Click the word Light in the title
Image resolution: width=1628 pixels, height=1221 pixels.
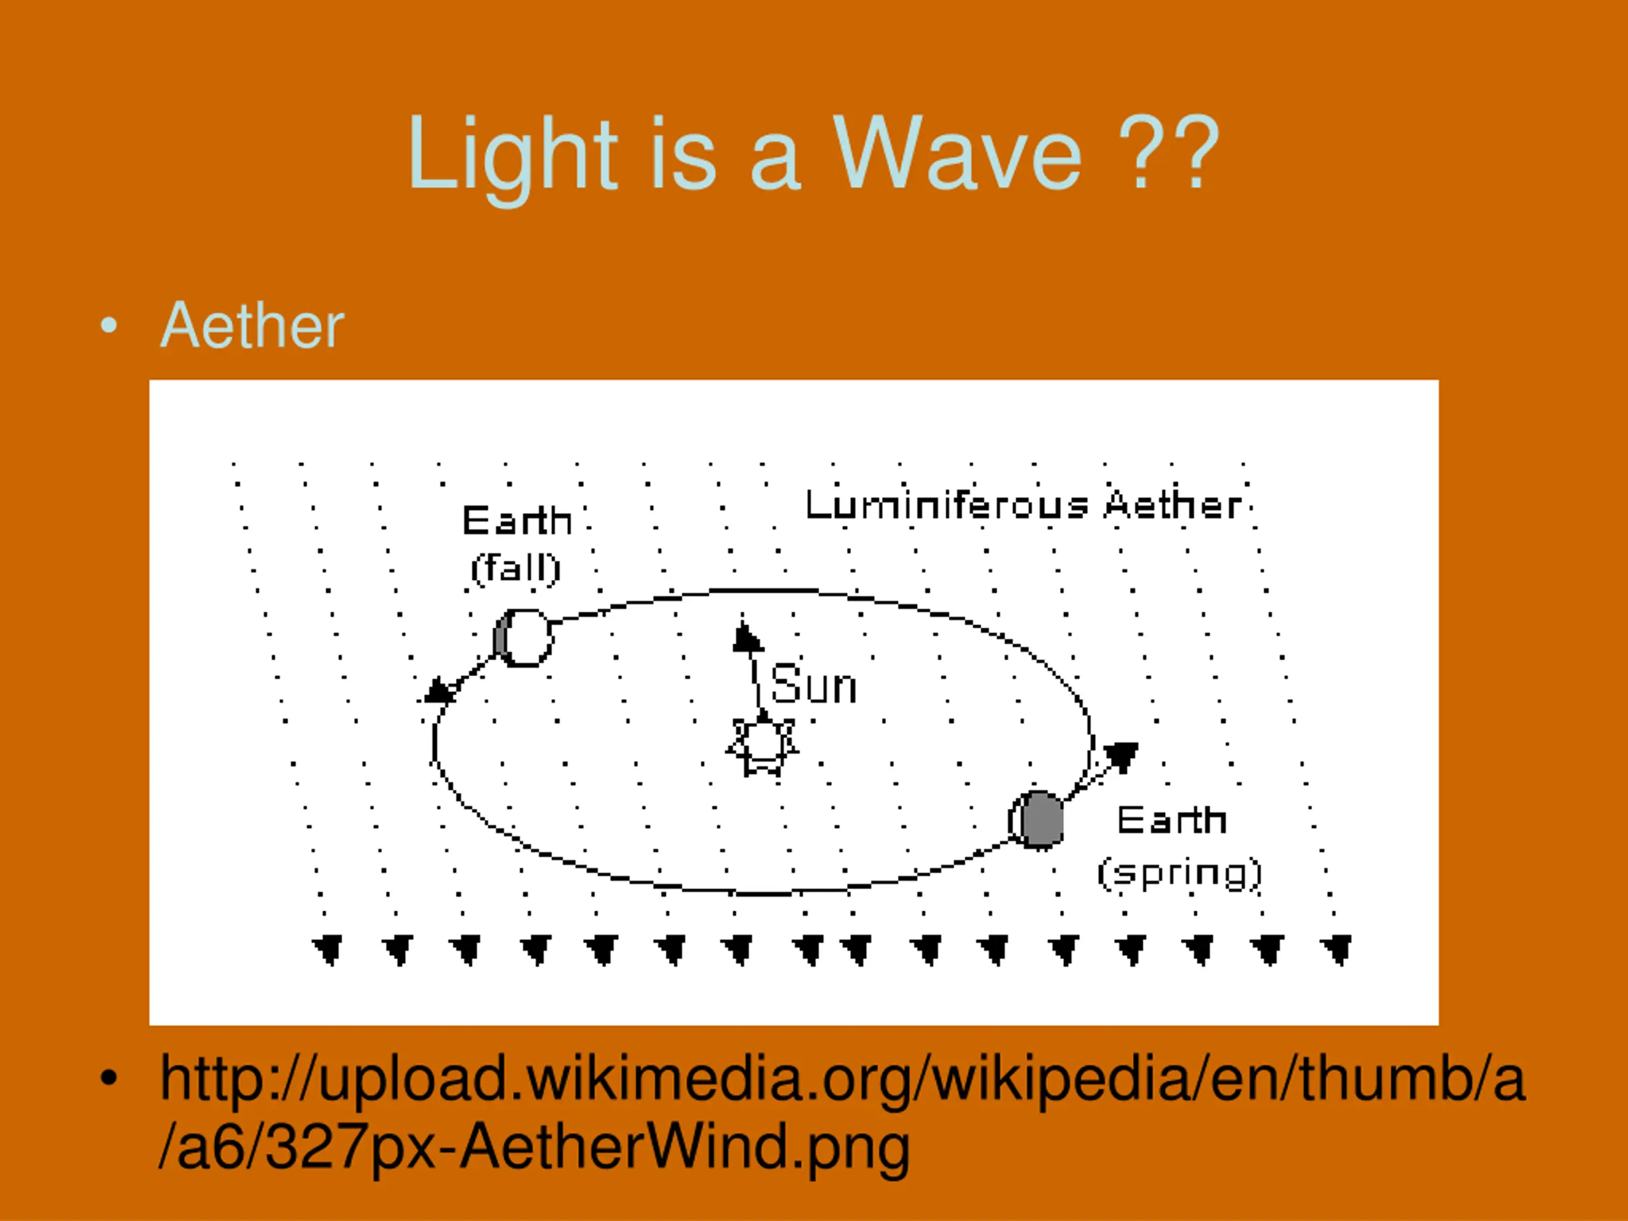tap(513, 159)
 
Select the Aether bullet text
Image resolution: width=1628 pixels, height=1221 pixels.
tap(252, 326)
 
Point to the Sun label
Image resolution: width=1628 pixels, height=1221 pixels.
tap(814, 684)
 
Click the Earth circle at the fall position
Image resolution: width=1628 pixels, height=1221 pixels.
tap(523, 637)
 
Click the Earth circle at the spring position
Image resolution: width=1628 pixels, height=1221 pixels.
tap(1037, 819)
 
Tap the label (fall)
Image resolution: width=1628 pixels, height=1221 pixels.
tap(516, 568)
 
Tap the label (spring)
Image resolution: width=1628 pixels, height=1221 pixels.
tap(1179, 873)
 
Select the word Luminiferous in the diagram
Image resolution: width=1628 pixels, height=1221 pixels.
tap(946, 505)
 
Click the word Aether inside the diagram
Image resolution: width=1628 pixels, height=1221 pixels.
tap(1173, 505)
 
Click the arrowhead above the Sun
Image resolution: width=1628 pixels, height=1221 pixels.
tap(747, 637)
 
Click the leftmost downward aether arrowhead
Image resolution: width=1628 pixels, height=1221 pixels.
tap(328, 949)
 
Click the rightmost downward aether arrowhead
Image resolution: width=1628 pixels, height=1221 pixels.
tap(1337, 949)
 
